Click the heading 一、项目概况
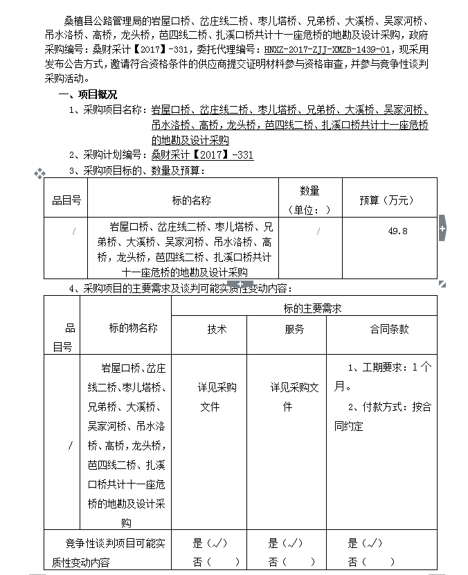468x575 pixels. (88, 94)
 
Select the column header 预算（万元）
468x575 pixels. (386, 200)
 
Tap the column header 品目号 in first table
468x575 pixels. (66, 200)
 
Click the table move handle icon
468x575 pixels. (39, 172)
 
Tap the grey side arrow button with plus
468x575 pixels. (442, 229)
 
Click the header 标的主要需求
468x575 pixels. (312, 308)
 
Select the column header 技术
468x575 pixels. (217, 330)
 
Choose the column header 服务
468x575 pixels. (294, 330)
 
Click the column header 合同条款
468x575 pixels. (389, 330)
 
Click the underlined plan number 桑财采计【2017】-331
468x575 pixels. (202, 155)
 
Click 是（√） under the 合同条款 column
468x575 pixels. (365, 543)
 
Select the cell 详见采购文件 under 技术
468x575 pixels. (217, 397)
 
